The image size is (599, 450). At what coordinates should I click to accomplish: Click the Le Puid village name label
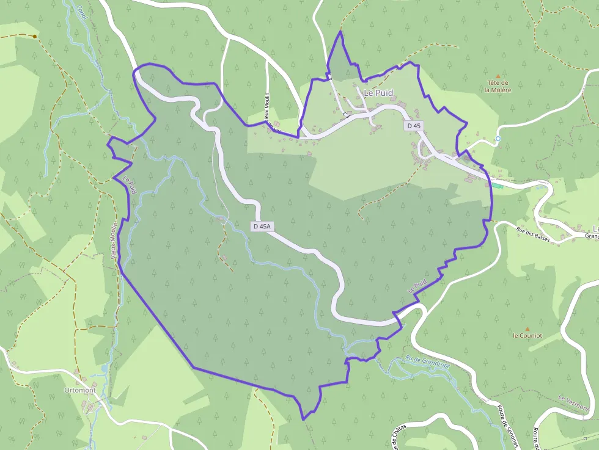pyautogui.click(x=378, y=93)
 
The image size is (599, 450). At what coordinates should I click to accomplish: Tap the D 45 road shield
pyautogui.click(x=414, y=125)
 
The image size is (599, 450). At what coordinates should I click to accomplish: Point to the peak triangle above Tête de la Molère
pyautogui.click(x=498, y=76)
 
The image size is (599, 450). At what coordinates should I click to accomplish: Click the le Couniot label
pyautogui.click(x=527, y=335)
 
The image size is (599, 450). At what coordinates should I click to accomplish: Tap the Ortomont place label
pyautogui.click(x=79, y=390)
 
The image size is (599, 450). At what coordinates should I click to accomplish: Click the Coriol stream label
pyautogui.click(x=83, y=12)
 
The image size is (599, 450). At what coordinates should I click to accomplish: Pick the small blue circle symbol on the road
pyautogui.click(x=498, y=139)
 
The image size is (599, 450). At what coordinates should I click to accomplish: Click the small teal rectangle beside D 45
pyautogui.click(x=498, y=186)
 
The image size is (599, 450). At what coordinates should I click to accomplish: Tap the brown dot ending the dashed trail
pyautogui.click(x=35, y=37)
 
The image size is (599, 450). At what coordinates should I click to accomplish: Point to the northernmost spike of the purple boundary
pyautogui.click(x=340, y=31)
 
